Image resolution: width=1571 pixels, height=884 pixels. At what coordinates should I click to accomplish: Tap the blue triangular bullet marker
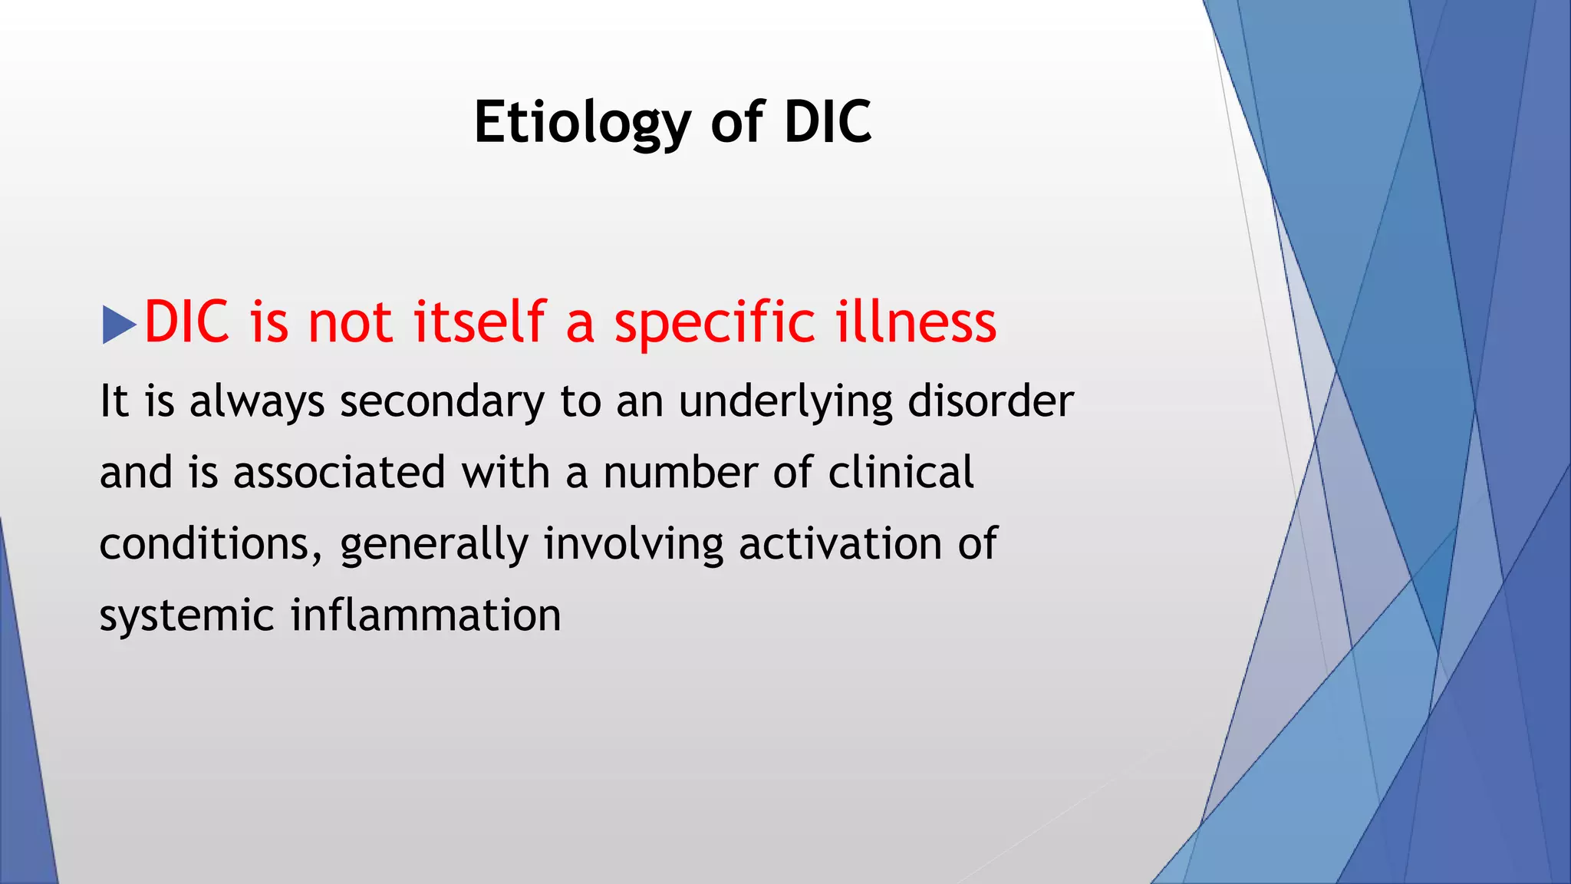pyautogui.click(x=117, y=325)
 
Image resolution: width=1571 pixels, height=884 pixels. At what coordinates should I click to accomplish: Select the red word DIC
pyautogui.click(x=186, y=322)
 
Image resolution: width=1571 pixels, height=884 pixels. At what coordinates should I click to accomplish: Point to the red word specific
pyautogui.click(x=714, y=322)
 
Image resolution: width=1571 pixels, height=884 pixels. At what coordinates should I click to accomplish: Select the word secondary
pyautogui.click(x=442, y=401)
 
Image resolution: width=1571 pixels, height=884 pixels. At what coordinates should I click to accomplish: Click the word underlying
pyautogui.click(x=785, y=401)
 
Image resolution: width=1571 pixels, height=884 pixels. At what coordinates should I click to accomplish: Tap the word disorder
pyautogui.click(x=990, y=401)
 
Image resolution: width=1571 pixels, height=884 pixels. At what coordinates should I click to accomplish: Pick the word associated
pyautogui.click(x=339, y=472)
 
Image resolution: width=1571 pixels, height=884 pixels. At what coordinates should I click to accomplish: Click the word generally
pyautogui.click(x=434, y=544)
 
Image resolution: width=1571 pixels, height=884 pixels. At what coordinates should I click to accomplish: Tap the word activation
pyautogui.click(x=840, y=544)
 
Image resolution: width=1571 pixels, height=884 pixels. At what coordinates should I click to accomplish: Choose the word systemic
pyautogui.click(x=186, y=615)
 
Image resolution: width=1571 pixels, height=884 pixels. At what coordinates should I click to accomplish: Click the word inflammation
pyautogui.click(x=426, y=615)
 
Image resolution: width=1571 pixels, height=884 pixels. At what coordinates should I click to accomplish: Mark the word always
pyautogui.click(x=257, y=401)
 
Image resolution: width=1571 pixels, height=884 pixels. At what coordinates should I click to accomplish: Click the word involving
pyautogui.click(x=634, y=544)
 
